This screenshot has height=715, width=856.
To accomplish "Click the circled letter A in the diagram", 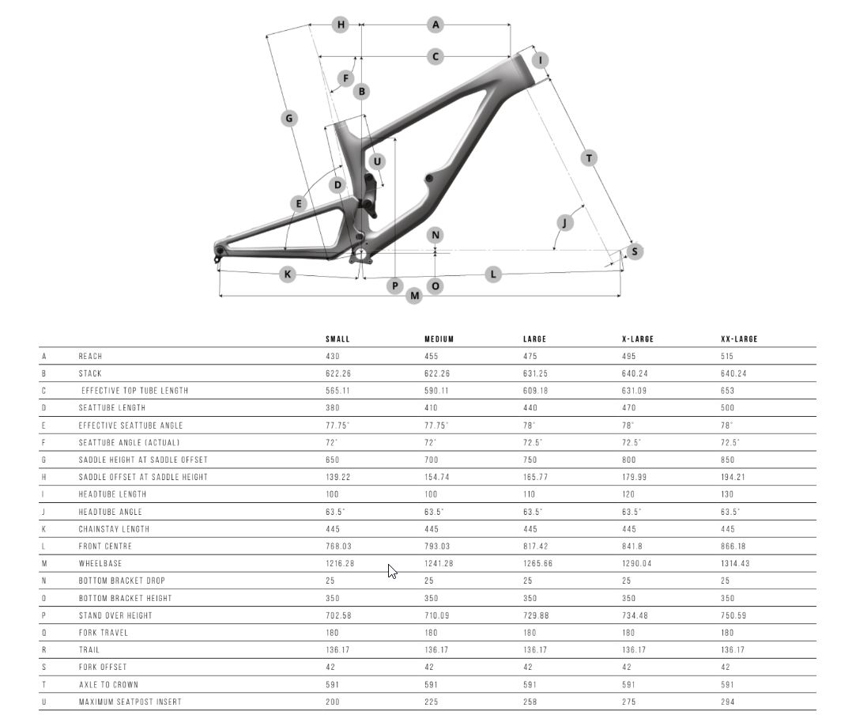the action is click(x=435, y=25).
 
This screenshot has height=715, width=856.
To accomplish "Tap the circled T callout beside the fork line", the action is click(x=589, y=158).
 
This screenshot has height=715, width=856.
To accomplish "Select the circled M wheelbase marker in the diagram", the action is click(x=414, y=296).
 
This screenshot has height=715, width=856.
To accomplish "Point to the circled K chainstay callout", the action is click(x=288, y=274).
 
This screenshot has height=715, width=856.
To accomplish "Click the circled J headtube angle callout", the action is click(x=564, y=222).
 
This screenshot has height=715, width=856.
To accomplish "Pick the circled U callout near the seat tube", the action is click(x=377, y=161).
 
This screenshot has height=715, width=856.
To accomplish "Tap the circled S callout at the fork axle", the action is click(x=635, y=252).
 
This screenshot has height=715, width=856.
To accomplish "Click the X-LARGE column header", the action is click(x=638, y=339).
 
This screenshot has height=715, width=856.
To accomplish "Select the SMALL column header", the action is click(x=337, y=339).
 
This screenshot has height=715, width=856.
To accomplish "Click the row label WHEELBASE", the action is click(x=100, y=563).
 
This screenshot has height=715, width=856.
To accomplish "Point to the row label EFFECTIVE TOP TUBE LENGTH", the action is click(x=135, y=391).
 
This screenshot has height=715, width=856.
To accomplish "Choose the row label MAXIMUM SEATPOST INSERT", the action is click(x=130, y=702).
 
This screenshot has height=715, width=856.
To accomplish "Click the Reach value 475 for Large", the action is click(x=530, y=356).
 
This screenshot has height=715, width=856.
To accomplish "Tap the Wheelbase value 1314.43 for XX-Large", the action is click(x=735, y=563).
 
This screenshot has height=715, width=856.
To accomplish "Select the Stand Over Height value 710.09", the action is click(x=437, y=615).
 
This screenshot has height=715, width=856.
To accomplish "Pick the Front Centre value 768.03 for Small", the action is click(x=338, y=546).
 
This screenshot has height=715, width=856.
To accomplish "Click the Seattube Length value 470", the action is click(x=629, y=407).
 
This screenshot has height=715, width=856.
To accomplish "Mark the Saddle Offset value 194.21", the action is click(x=733, y=477).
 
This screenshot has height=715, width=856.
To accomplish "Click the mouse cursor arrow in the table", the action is click(x=393, y=571).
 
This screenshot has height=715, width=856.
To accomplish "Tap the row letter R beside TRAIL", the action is click(x=43, y=649).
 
